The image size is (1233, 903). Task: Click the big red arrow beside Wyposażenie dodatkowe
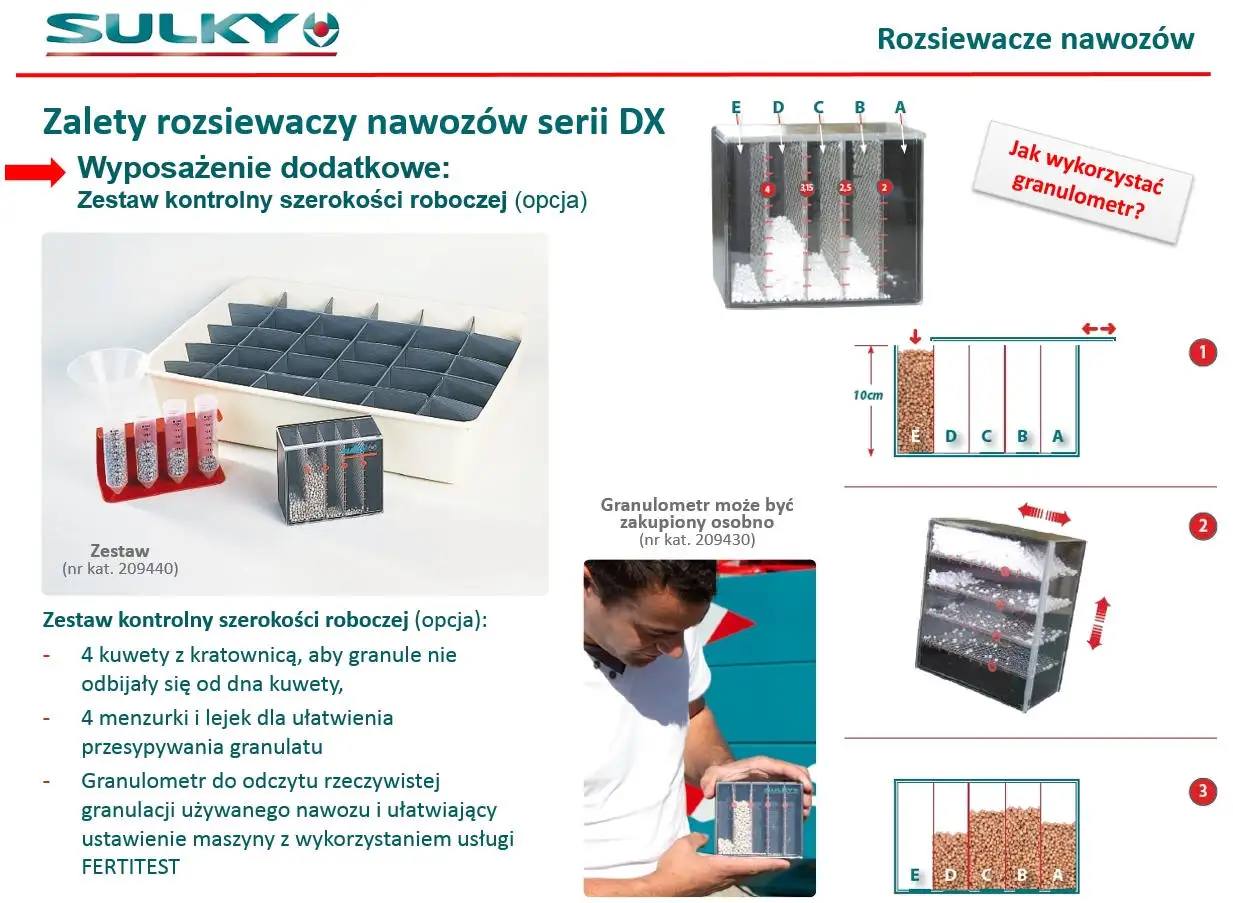(35, 172)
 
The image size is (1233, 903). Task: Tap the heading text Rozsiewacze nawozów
(1035, 39)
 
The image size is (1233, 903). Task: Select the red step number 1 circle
(1202, 352)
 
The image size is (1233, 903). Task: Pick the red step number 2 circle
(1202, 526)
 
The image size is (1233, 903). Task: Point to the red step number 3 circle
(1202, 792)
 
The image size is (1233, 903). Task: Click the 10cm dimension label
(868, 395)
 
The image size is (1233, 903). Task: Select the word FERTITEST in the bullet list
(130, 867)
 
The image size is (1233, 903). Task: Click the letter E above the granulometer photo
(736, 107)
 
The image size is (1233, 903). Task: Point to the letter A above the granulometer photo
(900, 107)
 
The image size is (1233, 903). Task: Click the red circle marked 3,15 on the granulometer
(806, 188)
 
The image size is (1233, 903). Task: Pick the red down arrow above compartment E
(915, 336)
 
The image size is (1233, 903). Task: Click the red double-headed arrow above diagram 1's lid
(1098, 329)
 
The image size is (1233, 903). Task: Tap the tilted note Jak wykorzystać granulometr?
(1083, 181)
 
